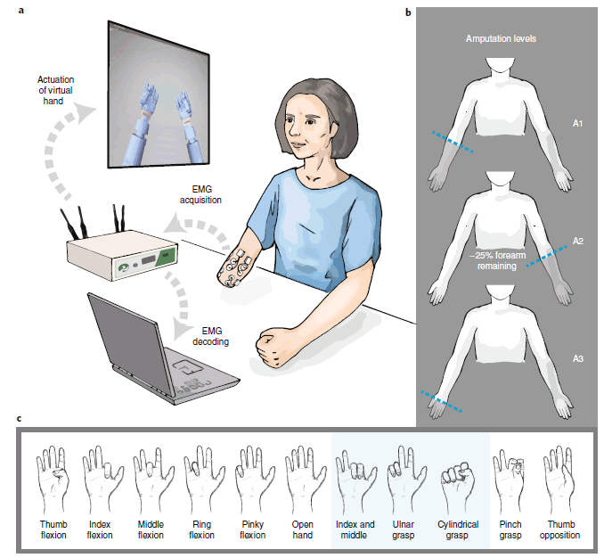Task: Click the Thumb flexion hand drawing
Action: [x=53, y=479]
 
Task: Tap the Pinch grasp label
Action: [x=510, y=529]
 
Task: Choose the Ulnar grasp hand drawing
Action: [x=405, y=479]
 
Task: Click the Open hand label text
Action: [x=303, y=529]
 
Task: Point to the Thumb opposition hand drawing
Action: [x=560, y=479]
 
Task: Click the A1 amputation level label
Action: [x=577, y=123]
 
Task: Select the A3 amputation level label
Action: [x=578, y=358]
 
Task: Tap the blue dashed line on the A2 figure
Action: [x=547, y=256]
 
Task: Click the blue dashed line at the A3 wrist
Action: [x=442, y=402]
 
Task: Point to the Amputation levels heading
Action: [x=501, y=38]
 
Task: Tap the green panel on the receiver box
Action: [x=168, y=257]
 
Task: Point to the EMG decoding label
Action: [x=211, y=336]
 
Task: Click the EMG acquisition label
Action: [x=200, y=194]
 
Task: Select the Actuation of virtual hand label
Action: [x=55, y=90]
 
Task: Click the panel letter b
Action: [x=408, y=12]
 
